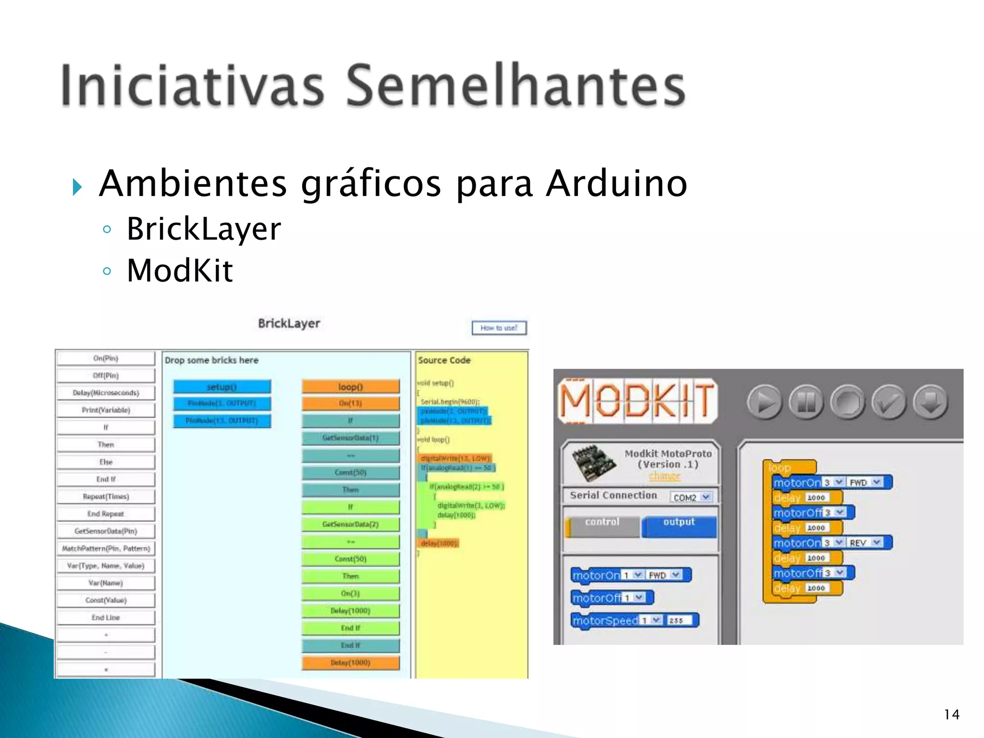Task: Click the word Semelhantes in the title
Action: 515,86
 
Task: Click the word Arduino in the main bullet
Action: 616,184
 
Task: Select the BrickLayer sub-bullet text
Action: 204,229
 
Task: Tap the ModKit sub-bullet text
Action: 180,271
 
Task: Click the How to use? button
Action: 499,328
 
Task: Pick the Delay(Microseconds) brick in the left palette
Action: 106,393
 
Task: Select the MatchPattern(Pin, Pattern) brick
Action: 106,548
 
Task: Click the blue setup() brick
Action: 221,387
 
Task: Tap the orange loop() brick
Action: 350,387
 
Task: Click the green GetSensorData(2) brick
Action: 350,524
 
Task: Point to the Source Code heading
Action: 444,360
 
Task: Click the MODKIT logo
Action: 637,401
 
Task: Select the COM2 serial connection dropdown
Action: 691,497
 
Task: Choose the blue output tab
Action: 678,525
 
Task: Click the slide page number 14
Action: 951,714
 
